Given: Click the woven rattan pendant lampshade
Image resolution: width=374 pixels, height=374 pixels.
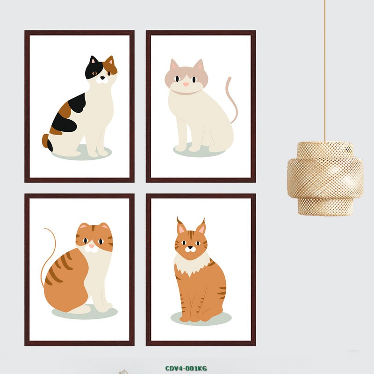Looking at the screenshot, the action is (325, 179).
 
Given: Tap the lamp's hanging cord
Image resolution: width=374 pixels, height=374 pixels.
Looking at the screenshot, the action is (324, 71).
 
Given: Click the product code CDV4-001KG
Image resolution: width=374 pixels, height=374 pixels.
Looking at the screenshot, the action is (186, 368).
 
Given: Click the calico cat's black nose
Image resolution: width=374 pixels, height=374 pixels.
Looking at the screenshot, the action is (102, 78).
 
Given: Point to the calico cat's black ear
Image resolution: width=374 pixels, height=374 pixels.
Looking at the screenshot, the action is (93, 60).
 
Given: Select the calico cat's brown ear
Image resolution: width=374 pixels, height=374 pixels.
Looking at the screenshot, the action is (110, 61).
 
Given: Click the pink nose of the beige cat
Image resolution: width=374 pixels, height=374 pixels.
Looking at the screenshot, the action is (186, 85).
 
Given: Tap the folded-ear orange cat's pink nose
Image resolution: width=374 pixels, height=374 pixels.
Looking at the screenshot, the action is (92, 246).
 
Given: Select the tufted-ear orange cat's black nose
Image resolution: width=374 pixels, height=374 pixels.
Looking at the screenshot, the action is (190, 248).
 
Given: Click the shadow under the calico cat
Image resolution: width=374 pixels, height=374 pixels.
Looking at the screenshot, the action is (82, 153).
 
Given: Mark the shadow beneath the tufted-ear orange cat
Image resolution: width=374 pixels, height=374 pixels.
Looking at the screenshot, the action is (201, 318).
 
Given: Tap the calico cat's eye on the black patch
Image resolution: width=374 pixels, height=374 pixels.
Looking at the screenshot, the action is (94, 73).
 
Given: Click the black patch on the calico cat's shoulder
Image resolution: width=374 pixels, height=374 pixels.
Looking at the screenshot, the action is (77, 102).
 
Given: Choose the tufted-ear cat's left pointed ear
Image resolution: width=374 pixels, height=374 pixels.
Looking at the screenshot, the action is (181, 227).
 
